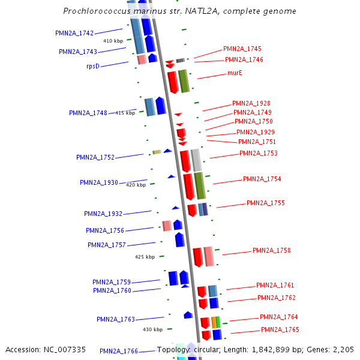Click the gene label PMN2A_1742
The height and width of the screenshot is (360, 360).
pos(74,33)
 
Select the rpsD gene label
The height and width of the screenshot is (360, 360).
pos(92,66)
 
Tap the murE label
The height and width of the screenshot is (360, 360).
pos(235,73)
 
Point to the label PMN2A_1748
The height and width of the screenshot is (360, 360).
pos(88,113)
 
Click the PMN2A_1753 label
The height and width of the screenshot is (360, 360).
pos(258,154)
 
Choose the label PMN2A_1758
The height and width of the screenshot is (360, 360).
pos(271,251)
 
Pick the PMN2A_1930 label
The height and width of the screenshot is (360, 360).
pos(98,182)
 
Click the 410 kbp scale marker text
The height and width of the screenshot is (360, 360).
pos(113,41)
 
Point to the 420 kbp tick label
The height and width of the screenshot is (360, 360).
pos(136,185)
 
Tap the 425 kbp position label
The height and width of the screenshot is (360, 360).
pos(145,257)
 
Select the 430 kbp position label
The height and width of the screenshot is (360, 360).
pos(152,329)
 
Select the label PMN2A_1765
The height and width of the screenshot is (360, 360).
pos(280,330)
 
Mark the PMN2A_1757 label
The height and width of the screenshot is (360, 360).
pos(106,245)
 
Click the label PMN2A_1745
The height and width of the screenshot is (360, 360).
pos(242,49)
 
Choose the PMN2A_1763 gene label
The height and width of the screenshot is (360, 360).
pos(116,320)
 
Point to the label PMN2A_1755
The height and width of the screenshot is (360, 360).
pos(265,203)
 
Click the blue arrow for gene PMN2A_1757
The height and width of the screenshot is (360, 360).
pos(179,239)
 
